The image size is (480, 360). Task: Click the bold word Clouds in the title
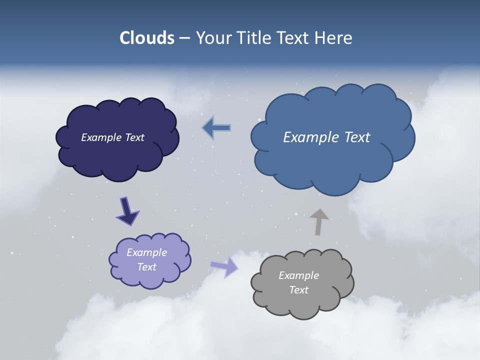coord(147,38)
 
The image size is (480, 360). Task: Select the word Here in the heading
coord(333,38)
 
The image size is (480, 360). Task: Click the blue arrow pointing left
coord(216,128)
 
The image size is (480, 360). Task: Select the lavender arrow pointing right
coord(223,267)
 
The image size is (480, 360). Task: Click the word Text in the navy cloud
coord(134,137)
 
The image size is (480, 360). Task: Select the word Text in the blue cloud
coord(357,137)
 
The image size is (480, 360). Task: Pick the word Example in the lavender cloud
coord(146,252)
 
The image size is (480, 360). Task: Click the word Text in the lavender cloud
coord(146,267)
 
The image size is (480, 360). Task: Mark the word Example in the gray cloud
coord(298,275)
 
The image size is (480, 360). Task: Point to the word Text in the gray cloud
coord(298,290)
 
